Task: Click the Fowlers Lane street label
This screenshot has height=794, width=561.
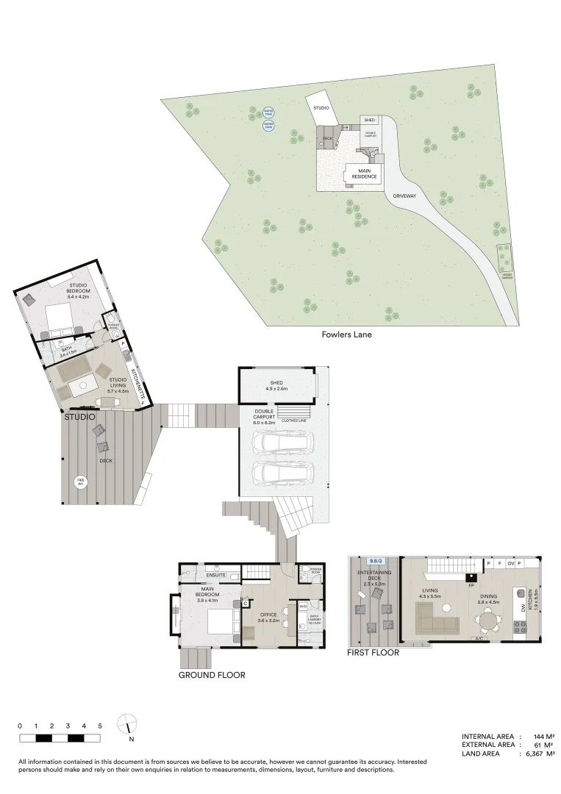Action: pos(346,335)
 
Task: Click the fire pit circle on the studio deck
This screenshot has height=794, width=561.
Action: pos(80,482)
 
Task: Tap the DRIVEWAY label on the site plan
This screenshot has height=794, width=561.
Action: pos(404,196)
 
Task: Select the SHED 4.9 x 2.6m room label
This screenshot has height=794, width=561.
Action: pos(276,385)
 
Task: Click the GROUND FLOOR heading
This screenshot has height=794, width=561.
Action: pos(212,674)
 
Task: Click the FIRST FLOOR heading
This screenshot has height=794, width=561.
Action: pos(374,652)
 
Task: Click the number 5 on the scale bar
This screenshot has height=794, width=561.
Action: pos(100,726)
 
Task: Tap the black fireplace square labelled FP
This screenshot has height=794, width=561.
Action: pos(470,576)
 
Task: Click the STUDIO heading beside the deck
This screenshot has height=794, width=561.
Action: pos(79,417)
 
